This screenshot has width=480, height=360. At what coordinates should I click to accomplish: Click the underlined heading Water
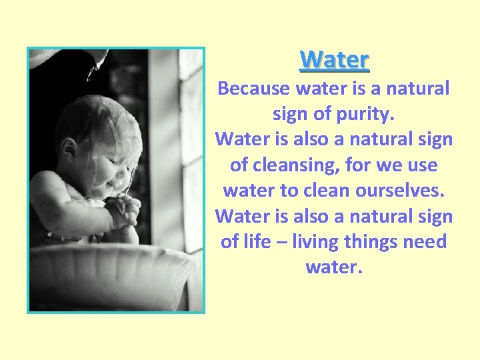334,60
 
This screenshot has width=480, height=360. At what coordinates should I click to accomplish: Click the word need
425,241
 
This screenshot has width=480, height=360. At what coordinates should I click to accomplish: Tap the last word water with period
333,267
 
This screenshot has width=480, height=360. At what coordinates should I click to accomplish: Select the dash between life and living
283,242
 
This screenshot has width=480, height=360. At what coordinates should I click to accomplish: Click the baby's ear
68,147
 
